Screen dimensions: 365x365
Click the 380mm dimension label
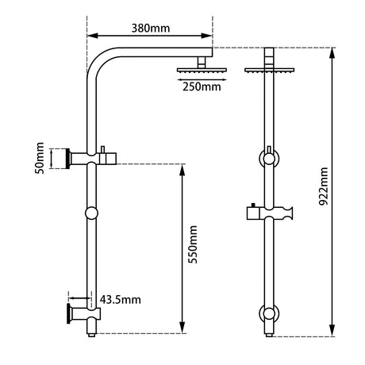coord(150,28)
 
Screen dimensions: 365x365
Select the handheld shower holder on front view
coord(271,213)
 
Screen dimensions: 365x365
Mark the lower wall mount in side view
coord(78,313)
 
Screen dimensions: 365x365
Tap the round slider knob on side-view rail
coord(92,213)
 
